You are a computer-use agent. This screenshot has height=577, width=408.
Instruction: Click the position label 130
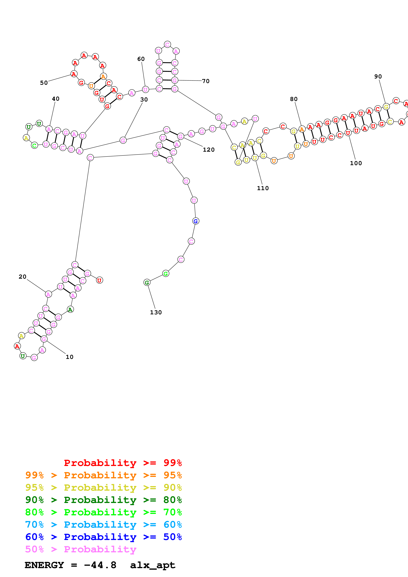(156, 312)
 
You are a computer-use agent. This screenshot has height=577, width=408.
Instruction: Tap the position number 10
(69, 357)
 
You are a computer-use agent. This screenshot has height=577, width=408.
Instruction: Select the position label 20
(22, 277)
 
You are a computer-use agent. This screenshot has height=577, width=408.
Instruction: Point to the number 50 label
(44, 83)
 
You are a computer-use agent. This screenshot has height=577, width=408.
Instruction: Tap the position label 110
(263, 188)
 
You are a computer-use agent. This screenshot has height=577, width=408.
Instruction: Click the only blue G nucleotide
(196, 221)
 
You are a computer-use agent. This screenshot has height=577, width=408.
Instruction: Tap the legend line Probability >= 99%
(123, 463)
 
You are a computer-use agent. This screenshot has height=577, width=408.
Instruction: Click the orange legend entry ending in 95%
(103, 475)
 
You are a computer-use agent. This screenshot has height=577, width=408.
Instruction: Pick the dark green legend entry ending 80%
(103, 500)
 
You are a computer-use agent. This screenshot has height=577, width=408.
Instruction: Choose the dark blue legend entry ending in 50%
(103, 537)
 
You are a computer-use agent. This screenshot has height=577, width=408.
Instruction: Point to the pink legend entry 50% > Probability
(81, 549)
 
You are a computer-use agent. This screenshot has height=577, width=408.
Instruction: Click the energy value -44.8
(100, 565)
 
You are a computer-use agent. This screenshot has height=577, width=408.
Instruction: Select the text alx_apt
(153, 565)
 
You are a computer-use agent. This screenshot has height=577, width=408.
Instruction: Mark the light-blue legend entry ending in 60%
(103, 525)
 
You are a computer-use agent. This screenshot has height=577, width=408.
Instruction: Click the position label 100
(356, 163)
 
